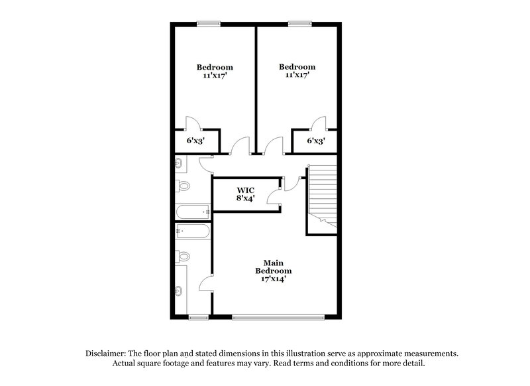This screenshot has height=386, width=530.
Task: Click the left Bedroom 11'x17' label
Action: pyautogui.click(x=214, y=72)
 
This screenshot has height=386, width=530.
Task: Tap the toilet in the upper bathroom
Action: pyautogui.click(x=184, y=186)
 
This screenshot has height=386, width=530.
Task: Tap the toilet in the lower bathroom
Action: pyautogui.click(x=184, y=257)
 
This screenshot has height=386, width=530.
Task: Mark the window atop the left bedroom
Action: pyautogui.click(x=209, y=25)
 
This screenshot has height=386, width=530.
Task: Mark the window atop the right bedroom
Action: pyautogui.click(x=299, y=25)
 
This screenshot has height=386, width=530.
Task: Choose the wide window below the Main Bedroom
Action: pyautogui.click(x=280, y=317)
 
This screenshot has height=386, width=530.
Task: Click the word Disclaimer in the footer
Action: pyautogui.click(x=109, y=354)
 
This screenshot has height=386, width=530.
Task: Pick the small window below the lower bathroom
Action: pyautogui.click(x=198, y=317)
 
